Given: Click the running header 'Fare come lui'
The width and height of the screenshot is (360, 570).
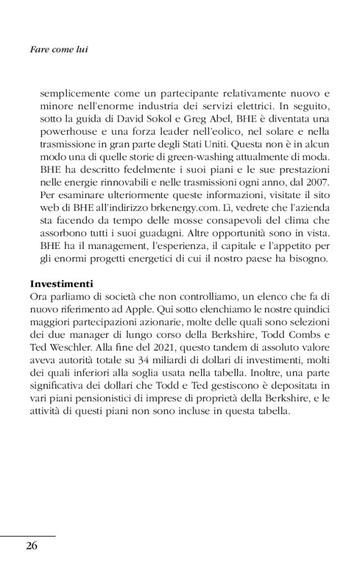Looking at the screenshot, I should (59, 48).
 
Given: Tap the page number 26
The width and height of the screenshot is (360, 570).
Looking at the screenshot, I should (32, 546).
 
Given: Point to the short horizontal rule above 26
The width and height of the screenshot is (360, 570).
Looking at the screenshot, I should (28, 536).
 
